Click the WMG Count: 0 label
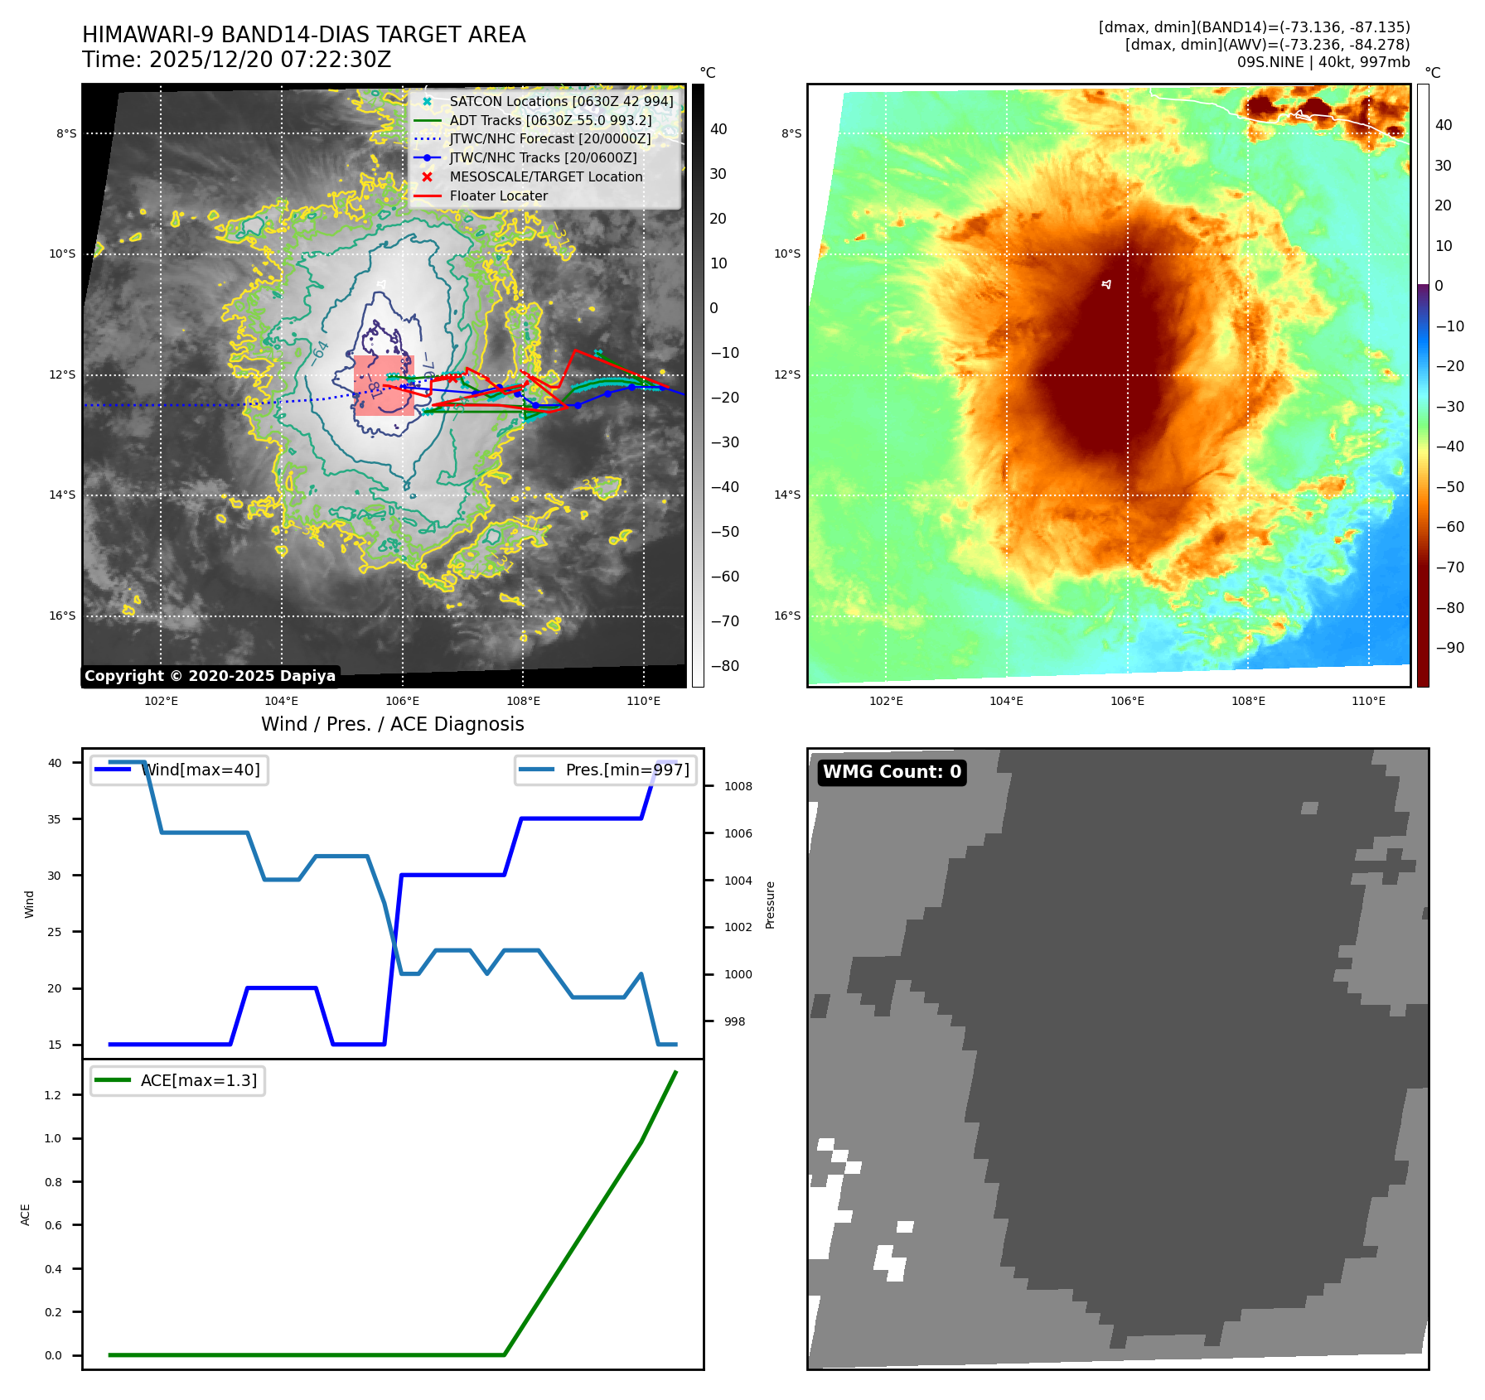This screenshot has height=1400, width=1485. pyautogui.click(x=892, y=772)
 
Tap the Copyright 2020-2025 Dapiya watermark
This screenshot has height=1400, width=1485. pyautogui.click(x=210, y=676)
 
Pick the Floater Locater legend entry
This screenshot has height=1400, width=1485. pyautogui.click(x=498, y=196)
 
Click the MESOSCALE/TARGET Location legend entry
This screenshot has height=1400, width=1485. pyautogui.click(x=545, y=176)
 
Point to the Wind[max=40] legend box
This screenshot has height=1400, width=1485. pyautogui.click(x=179, y=770)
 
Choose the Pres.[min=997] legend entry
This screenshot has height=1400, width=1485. pyautogui.click(x=606, y=770)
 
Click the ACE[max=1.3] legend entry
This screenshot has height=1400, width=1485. pyautogui.click(x=177, y=1080)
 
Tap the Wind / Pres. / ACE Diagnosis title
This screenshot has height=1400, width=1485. pyautogui.click(x=393, y=724)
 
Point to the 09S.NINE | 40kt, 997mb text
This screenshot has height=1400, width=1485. pyautogui.click(x=1323, y=62)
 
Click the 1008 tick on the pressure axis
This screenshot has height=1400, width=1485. pyautogui.click(x=738, y=786)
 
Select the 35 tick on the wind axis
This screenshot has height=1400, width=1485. pyautogui.click(x=54, y=819)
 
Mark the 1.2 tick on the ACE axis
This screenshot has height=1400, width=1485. pyautogui.click(x=53, y=1095)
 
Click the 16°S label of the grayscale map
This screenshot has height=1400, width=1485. pyautogui.click(x=62, y=616)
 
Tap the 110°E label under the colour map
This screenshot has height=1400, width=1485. pyautogui.click(x=1368, y=701)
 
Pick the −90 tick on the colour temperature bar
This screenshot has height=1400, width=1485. pyautogui.click(x=1449, y=648)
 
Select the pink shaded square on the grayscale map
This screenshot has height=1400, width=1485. pyautogui.click(x=384, y=385)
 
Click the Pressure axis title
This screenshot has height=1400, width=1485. pyautogui.click(x=771, y=905)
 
